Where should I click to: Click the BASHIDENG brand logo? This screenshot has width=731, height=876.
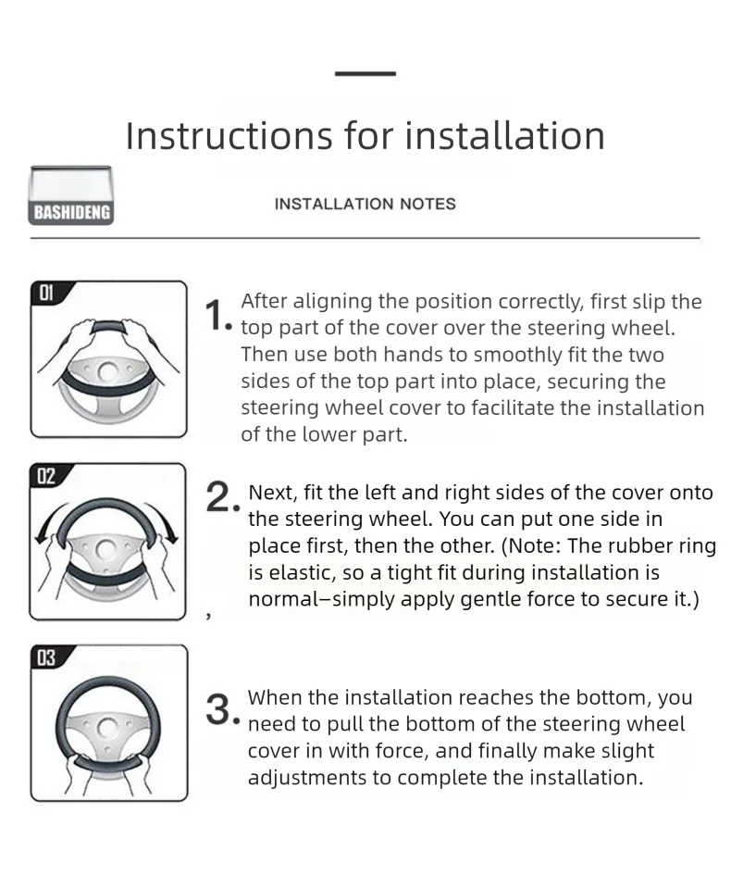click(71, 195)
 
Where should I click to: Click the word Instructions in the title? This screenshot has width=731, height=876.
click(229, 135)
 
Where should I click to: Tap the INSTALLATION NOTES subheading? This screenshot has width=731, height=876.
click(365, 204)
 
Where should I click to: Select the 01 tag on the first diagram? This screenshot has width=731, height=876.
click(47, 293)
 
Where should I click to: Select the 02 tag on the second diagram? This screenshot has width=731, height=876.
click(46, 476)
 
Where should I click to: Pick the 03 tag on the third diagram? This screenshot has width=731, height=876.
click(47, 658)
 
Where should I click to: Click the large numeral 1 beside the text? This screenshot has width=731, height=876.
click(214, 316)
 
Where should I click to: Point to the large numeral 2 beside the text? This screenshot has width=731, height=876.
click(218, 497)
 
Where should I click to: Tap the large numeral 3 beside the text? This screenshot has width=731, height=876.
click(218, 710)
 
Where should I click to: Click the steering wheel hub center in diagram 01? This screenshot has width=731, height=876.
click(108, 371)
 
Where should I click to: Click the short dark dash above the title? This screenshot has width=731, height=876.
click(365, 73)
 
